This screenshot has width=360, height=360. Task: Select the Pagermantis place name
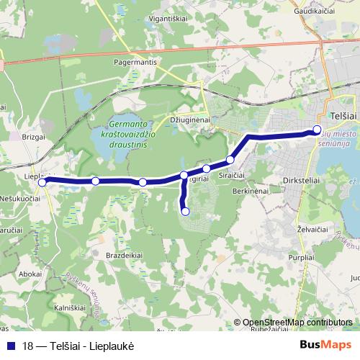(x=135, y=63)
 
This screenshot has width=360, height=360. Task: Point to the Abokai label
(x=31, y=274)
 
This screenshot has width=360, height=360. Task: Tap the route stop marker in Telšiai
(x=317, y=130)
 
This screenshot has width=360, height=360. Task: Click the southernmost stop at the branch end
(x=186, y=211)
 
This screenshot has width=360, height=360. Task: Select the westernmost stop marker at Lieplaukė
(x=42, y=182)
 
